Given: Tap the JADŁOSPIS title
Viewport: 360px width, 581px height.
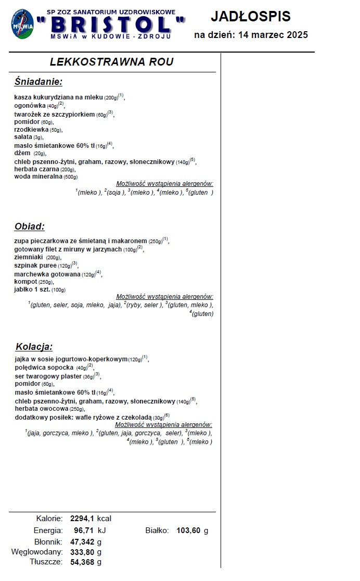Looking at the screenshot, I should click(251, 17).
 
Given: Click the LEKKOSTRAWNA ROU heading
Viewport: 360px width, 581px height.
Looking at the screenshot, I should click(111, 62).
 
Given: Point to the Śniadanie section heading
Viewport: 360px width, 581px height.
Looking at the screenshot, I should click(38, 82).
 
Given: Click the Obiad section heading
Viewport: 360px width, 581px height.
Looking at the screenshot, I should click(30, 226).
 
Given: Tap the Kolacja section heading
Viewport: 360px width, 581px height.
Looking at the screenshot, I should click(34, 346).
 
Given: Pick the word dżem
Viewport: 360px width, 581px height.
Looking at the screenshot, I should click(22, 153).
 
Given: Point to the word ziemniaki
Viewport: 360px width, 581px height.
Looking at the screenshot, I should click(29, 257).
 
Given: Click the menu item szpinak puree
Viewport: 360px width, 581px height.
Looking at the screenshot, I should click(35, 266).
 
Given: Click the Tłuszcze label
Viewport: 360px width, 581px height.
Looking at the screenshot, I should click(46, 562).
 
